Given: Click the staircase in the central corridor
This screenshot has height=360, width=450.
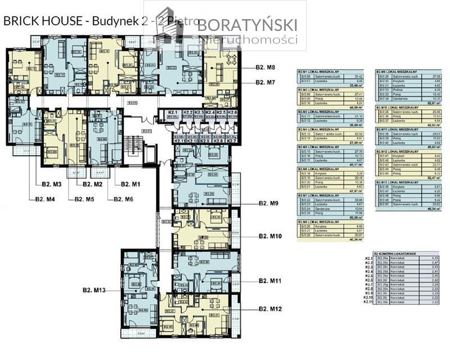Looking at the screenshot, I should pos(133,143).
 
